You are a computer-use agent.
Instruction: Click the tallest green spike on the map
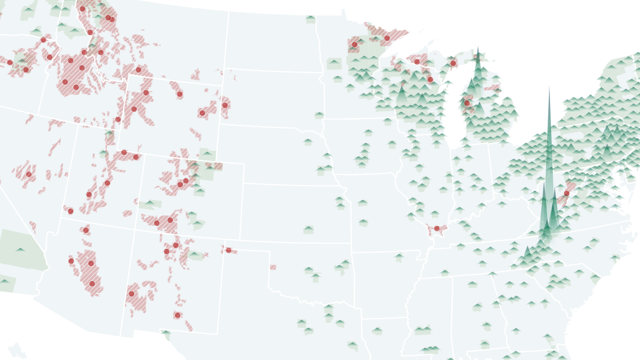549,89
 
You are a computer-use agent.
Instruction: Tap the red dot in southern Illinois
437,228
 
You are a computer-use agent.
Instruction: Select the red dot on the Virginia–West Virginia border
566,193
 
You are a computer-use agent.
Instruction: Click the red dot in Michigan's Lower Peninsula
467,103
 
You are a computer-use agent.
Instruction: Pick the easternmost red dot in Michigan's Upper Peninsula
453,63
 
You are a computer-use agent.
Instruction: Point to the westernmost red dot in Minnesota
354,44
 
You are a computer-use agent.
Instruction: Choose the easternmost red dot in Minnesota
387,38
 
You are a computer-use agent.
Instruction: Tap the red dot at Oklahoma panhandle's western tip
229,250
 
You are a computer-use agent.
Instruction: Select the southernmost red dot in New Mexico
177,315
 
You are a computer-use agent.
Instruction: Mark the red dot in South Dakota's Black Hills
225,105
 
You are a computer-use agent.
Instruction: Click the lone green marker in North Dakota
311,18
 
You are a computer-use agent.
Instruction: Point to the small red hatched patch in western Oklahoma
273,267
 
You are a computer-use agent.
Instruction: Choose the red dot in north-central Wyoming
179,94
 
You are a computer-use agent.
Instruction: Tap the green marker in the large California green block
20,249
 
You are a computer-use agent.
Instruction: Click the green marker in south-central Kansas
309,229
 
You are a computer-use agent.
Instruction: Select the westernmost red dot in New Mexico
132,293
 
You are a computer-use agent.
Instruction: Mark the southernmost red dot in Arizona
92,283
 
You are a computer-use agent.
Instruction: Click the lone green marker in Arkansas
399,257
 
